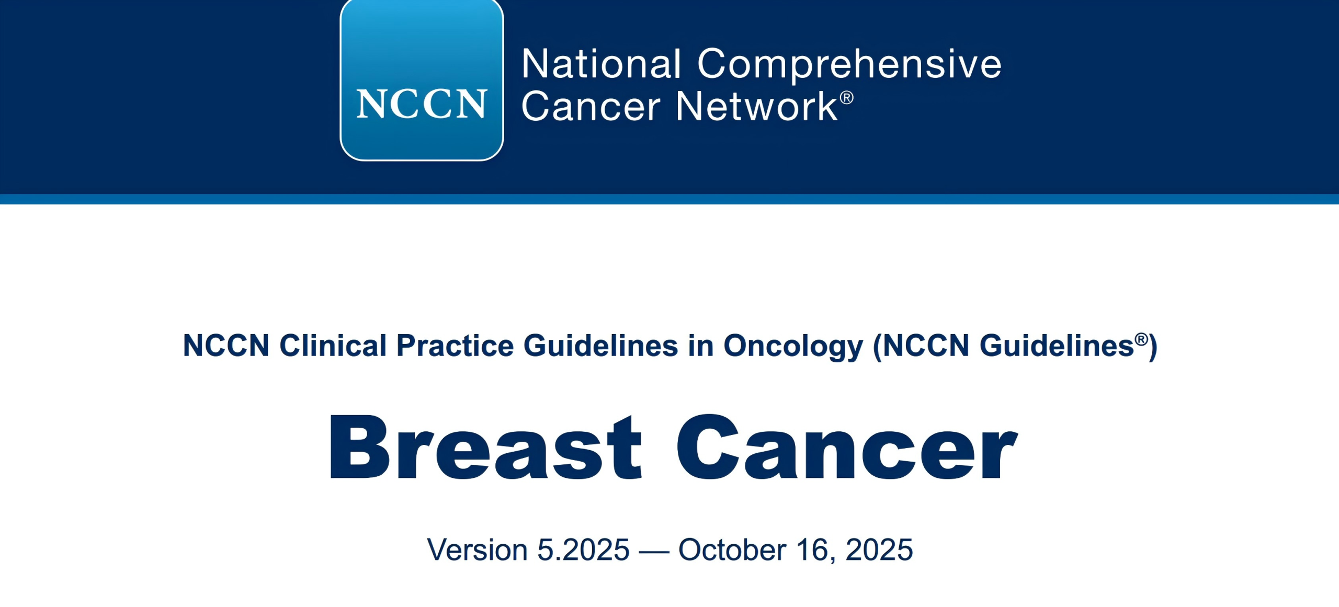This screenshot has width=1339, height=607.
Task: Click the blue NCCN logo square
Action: [x=422, y=79]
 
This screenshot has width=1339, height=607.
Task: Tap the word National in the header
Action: [x=602, y=64]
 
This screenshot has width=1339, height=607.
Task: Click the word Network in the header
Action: [x=757, y=106]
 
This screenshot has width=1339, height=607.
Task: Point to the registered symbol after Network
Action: [x=847, y=98]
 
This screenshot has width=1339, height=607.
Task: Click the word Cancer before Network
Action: [x=591, y=106]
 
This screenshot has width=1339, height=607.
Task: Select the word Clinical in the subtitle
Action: [x=333, y=346]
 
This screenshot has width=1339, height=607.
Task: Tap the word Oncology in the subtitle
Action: [x=793, y=347]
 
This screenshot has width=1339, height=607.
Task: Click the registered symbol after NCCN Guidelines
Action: [x=1141, y=340]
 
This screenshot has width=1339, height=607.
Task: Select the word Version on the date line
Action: [x=477, y=549]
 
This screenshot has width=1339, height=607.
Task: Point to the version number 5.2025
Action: [x=583, y=549]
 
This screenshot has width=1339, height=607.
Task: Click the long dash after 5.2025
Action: [x=654, y=552]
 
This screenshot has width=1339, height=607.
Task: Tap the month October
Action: [x=732, y=549]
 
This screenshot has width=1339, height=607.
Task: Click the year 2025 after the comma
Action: [x=879, y=549]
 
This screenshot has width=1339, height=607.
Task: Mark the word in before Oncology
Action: [x=701, y=346]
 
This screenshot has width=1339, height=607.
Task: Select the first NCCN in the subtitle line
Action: [x=226, y=346]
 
